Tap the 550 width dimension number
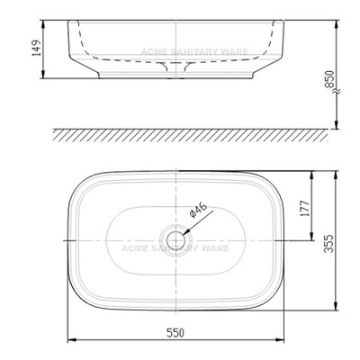point(175,332)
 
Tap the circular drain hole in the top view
point(175,240)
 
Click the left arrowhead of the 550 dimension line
point(72,341)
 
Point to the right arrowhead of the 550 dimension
point(281,341)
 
